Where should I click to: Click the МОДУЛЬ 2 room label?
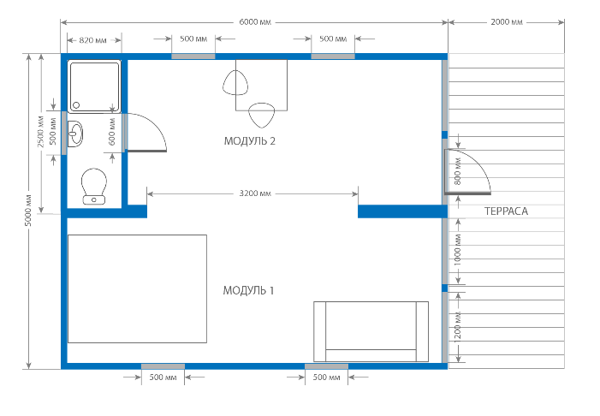tap(249, 141)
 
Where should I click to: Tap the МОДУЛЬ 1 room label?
tap(249, 290)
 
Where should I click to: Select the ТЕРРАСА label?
tap(506, 211)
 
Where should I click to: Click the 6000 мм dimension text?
tap(255, 22)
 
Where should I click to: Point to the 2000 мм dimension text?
tap(506, 22)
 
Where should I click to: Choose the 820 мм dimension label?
tap(92, 40)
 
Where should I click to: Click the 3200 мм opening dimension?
tap(255, 193)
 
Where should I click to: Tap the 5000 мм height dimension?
tap(29, 211)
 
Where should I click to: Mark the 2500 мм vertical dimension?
tap(41, 131)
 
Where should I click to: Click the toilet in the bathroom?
tap(94, 186)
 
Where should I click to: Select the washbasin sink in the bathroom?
tap(75, 134)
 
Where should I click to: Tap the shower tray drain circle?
tap(76, 105)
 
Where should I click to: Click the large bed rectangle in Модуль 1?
tap(137, 289)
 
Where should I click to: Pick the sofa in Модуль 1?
tap(371, 331)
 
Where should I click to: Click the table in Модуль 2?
tap(261, 85)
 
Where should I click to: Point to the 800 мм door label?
tap(458, 171)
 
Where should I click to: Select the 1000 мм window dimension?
tap(458, 250)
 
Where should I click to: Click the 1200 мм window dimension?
tap(458, 327)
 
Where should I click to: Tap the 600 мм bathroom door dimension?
tap(112, 132)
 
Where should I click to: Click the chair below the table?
tap(262, 115)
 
